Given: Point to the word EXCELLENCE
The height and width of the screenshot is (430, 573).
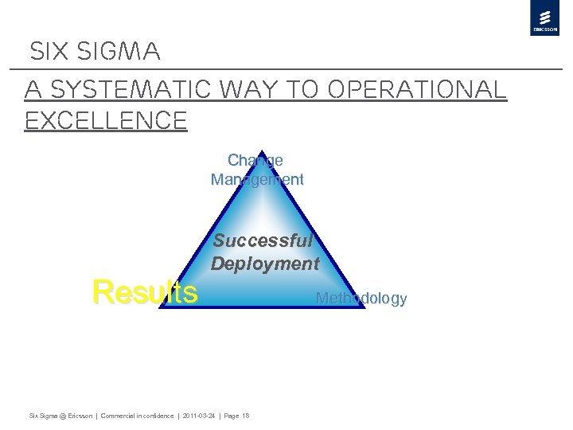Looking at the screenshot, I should pyautogui.click(x=106, y=120).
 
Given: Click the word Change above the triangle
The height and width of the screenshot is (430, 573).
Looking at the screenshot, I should pyautogui.click(x=255, y=160).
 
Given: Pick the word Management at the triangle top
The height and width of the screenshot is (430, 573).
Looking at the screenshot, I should pyautogui.click(x=257, y=179).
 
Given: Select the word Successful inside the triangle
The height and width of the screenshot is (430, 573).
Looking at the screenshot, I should pyautogui.click(x=263, y=240).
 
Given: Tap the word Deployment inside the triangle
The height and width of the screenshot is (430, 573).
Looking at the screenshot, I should pyautogui.click(x=265, y=264).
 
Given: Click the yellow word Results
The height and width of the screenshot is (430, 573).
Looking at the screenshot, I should pyautogui.click(x=145, y=292).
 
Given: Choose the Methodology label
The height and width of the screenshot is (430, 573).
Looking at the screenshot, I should pyautogui.click(x=361, y=299).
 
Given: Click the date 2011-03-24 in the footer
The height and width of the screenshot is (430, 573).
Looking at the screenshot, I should pyautogui.click(x=199, y=416).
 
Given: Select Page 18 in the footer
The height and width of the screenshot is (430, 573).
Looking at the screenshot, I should pyautogui.click(x=236, y=416).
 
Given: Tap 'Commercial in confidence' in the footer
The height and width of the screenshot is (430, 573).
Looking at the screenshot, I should pyautogui.click(x=137, y=416).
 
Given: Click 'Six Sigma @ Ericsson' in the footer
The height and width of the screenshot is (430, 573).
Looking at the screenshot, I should pyautogui.click(x=60, y=416).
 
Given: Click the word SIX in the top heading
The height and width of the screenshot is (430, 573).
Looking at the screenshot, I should pyautogui.click(x=52, y=53).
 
